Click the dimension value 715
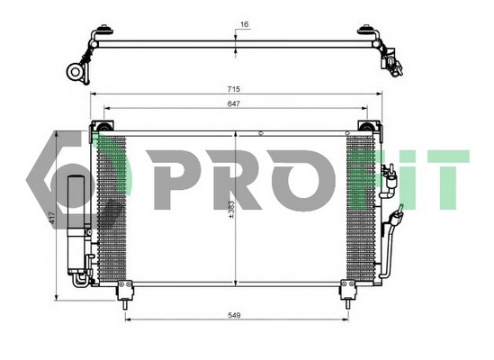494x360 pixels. (x=234, y=91)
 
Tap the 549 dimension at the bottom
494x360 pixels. (x=234, y=314)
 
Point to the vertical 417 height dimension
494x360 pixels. (x=52, y=217)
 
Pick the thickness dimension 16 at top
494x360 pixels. (x=244, y=25)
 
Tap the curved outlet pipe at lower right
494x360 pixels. (x=388, y=243)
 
